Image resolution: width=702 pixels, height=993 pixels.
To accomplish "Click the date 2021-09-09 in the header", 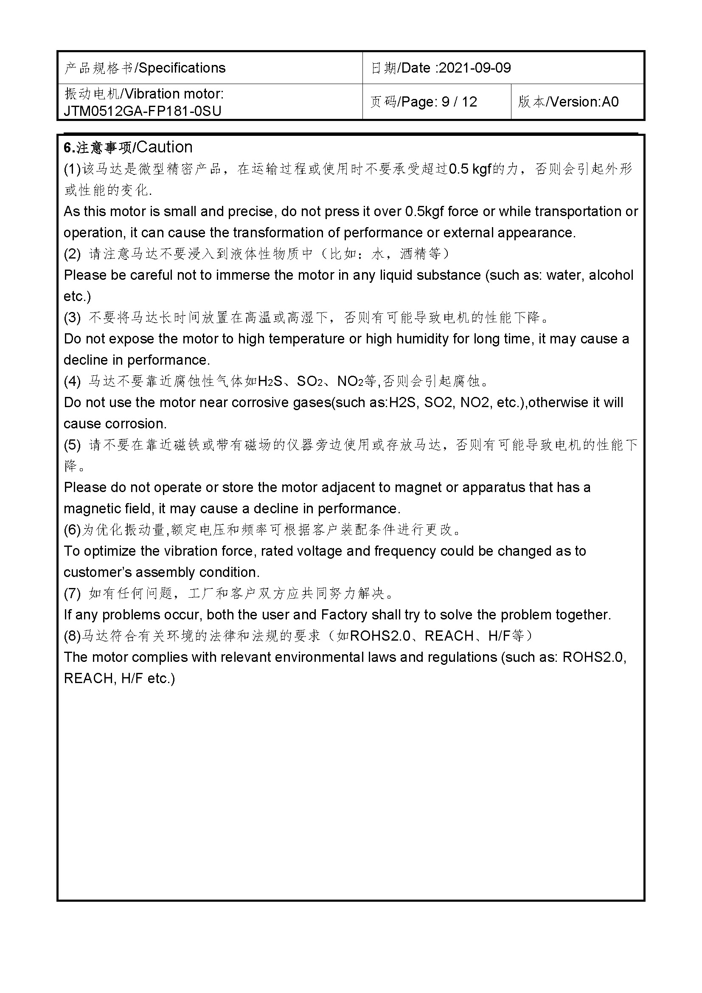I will [475, 68].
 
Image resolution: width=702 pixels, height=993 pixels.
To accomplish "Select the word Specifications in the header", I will [182, 68].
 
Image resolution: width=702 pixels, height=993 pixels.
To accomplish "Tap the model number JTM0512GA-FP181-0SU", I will [143, 111].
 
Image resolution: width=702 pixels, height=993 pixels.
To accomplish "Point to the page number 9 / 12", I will [459, 101].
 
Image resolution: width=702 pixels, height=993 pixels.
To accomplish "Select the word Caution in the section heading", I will [164, 147].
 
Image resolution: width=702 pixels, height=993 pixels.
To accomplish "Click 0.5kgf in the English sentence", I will [425, 211].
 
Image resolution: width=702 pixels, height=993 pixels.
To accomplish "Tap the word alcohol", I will [611, 275].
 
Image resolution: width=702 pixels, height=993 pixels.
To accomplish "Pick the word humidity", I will [421, 339].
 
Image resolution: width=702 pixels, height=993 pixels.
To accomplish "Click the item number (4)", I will [72, 381].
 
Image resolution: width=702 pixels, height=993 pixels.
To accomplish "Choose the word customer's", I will [98, 572].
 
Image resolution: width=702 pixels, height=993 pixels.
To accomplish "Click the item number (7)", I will [72, 594].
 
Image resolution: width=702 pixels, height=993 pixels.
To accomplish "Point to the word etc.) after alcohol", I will [77, 297].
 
